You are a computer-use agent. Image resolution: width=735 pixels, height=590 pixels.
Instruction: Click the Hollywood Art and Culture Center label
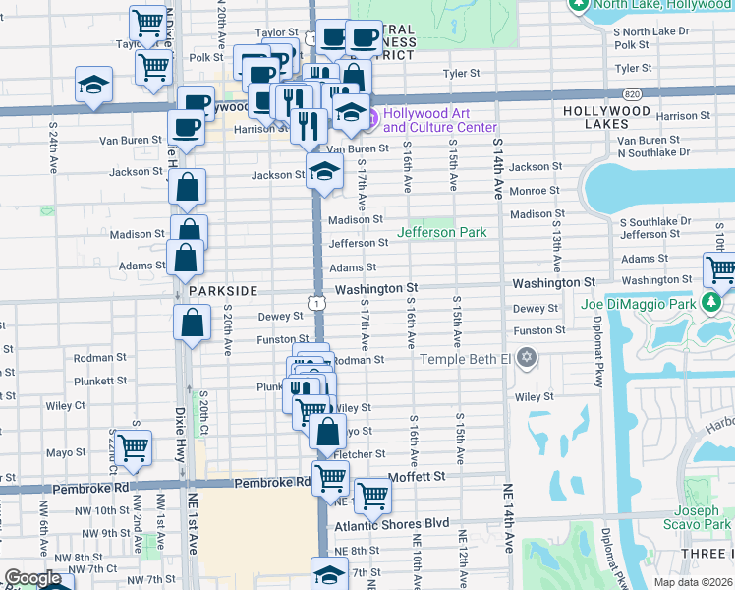[x=439, y=120]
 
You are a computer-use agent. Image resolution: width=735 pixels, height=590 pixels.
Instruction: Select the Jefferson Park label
[x=442, y=232]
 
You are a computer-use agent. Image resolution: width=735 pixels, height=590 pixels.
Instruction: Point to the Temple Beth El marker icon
[x=528, y=357]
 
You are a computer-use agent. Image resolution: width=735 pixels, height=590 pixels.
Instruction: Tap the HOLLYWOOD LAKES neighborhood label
[x=607, y=112]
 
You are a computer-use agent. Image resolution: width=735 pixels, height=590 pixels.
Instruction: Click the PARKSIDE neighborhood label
[x=223, y=291]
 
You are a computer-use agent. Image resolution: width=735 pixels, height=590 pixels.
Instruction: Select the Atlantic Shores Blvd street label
[x=391, y=524]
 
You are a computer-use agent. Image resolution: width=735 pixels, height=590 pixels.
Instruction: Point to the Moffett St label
[x=420, y=476]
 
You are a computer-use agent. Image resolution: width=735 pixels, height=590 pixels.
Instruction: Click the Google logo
[x=32, y=578]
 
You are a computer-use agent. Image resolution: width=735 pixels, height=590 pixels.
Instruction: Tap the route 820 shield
[x=630, y=94]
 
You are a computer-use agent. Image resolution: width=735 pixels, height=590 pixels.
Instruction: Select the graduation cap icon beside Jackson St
[x=323, y=171]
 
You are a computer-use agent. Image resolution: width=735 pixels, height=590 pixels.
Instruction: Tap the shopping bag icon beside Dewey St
[x=194, y=321]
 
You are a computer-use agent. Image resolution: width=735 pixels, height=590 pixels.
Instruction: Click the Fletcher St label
[x=360, y=454]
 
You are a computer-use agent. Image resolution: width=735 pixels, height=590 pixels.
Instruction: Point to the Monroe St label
[x=535, y=191]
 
